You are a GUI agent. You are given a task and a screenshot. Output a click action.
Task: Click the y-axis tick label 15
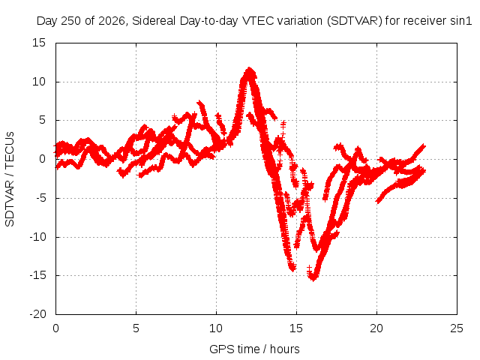pyautogui.click(x=39, y=43)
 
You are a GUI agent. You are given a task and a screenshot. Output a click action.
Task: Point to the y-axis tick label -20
pyautogui.click(x=37, y=314)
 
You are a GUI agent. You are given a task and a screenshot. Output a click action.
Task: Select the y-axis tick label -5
pyautogui.click(x=40, y=198)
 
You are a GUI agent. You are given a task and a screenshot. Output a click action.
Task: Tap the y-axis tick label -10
pyautogui.click(x=37, y=237)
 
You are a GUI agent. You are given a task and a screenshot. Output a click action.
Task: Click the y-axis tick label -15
pyautogui.click(x=37, y=275)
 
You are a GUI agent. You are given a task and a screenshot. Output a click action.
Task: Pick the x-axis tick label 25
pyautogui.click(x=457, y=328)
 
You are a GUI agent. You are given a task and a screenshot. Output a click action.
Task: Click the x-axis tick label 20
pyautogui.click(x=376, y=328)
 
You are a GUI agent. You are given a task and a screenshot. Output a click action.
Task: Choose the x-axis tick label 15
pyautogui.click(x=296, y=328)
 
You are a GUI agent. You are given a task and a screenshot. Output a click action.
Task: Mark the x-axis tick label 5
pyautogui.click(x=136, y=328)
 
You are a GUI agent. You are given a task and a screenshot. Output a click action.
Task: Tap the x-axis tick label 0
pyautogui.click(x=55, y=328)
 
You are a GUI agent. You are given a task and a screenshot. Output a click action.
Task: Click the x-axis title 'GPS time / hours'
pyautogui.click(x=254, y=349)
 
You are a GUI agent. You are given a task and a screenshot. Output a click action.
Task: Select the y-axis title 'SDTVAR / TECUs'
pyautogui.click(x=10, y=179)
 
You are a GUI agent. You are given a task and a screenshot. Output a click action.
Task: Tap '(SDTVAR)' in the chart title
pyautogui.click(x=355, y=21)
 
